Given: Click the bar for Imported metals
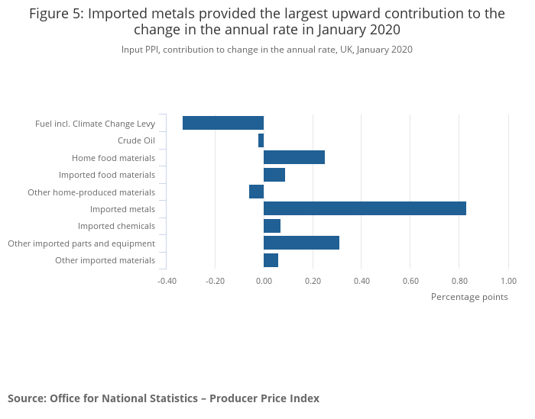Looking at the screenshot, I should tap(365, 208).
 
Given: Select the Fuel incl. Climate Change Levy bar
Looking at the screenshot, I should tap(223, 123).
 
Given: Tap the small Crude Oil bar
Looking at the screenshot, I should tap(261, 140).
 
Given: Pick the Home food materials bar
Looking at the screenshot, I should tap(294, 157).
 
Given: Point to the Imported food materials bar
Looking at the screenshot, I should tap(274, 175).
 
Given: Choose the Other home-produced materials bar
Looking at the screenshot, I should tap(256, 192).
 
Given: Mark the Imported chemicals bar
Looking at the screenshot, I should tap(272, 226).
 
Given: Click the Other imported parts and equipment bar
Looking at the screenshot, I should tap(301, 243).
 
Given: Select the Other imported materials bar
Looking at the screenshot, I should tap(271, 260).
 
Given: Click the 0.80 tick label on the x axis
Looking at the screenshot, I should tap(459, 280).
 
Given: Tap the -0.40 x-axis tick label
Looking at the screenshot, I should tap(166, 280).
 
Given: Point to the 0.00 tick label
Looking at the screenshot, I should tap(264, 280).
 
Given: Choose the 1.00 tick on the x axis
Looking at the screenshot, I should tap(508, 280).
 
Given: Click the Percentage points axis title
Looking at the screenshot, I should tap(469, 297).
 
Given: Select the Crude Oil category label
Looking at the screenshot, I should tap(136, 140).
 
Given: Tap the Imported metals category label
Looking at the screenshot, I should tap(122, 209).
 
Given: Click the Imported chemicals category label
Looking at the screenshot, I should tap(116, 226).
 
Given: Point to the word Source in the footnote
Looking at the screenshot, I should tap(25, 398).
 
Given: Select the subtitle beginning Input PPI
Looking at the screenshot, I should tap(267, 50).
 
